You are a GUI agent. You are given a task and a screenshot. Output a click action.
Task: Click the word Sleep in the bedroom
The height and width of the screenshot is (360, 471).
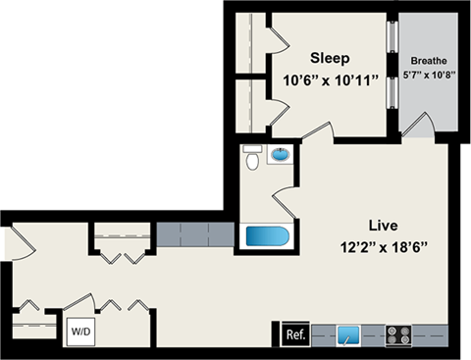pyautogui.click(x=330, y=58)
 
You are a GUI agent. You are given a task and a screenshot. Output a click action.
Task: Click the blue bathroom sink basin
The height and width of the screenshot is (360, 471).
pyautogui.click(x=281, y=155)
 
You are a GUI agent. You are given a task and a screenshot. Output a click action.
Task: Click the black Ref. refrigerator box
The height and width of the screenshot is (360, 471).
pyautogui.click(x=294, y=334)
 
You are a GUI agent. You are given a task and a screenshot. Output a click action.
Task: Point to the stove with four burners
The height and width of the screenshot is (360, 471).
pyautogui.click(x=398, y=334)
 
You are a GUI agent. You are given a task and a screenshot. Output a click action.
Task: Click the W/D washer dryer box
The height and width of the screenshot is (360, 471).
pyautogui.click(x=78, y=332)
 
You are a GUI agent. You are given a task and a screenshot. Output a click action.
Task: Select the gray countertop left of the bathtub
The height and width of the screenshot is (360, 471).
pyautogui.click(x=195, y=235)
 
